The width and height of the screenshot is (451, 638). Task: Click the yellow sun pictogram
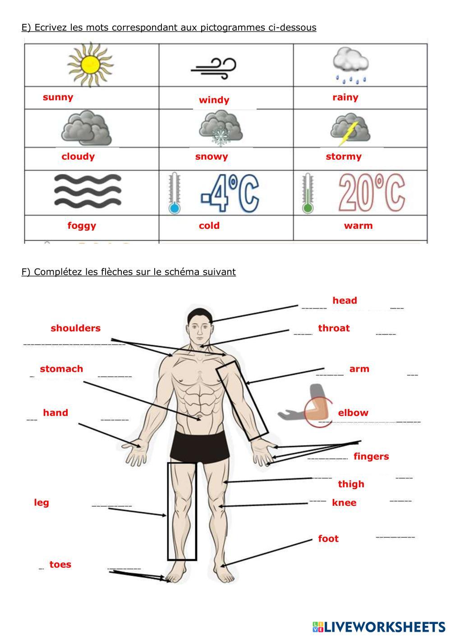(90, 65)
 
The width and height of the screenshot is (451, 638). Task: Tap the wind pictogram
(213, 69)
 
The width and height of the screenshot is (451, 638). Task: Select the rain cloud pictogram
(350, 65)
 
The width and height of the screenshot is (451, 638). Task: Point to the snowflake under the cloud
(221, 136)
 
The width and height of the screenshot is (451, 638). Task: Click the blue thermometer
(174, 193)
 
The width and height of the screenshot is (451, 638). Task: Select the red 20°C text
(372, 193)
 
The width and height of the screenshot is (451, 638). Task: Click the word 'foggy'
(82, 226)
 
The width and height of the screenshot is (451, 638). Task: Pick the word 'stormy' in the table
(344, 157)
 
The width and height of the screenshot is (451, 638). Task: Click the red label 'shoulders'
(75, 328)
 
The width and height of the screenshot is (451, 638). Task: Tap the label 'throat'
(334, 328)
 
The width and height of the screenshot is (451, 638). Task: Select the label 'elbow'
(353, 413)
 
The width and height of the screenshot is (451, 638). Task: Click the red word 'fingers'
(371, 457)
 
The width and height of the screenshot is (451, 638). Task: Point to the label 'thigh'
(351, 484)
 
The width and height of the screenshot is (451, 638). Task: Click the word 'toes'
(60, 564)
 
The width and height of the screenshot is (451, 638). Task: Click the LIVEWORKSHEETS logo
(379, 627)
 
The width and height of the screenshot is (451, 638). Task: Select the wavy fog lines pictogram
(87, 190)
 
